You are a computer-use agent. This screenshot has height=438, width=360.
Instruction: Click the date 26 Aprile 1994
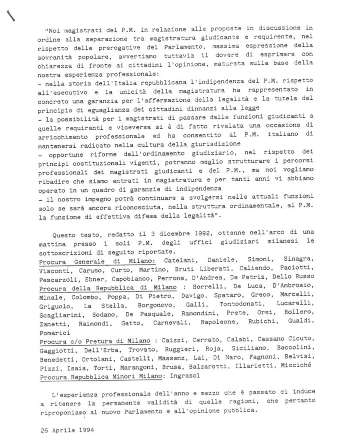click(x=67, y=429)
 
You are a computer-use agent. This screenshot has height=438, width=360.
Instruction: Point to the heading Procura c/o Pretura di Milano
click(x=95, y=341)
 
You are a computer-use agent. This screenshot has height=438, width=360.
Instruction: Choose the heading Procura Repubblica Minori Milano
click(x=101, y=376)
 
